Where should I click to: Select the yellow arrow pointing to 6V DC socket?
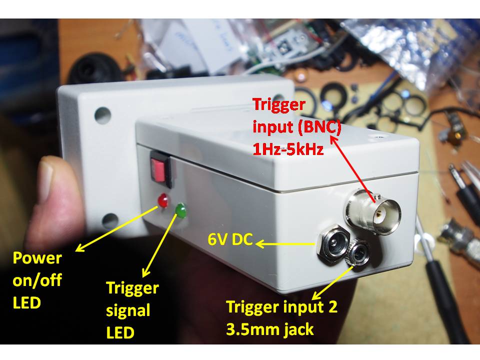click(x=287, y=244)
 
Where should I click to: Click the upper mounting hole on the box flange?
click(x=101, y=114)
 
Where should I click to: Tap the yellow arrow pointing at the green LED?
click(x=161, y=244)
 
